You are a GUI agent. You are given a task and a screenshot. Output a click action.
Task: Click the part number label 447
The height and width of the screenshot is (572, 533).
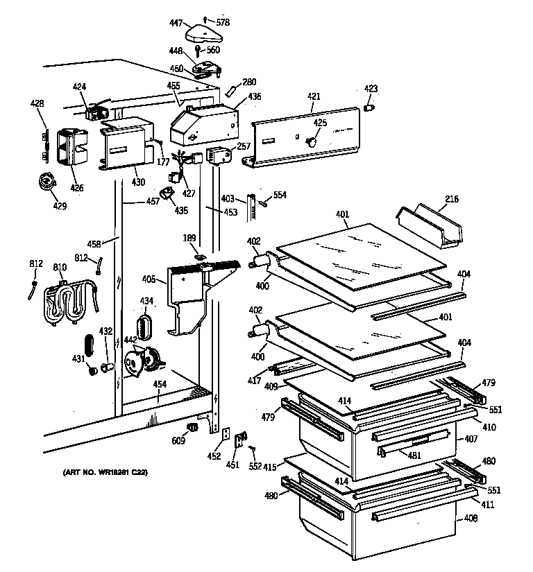click(x=176, y=24)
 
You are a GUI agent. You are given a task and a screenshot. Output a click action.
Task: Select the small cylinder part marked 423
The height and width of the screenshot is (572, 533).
click(x=369, y=107)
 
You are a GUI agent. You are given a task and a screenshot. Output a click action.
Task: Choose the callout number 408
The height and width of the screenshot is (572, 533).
click(x=471, y=518)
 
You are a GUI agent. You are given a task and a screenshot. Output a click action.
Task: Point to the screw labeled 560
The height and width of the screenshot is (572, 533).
click(x=198, y=50)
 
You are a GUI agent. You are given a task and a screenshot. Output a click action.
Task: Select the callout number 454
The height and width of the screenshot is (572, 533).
click(x=159, y=383)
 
